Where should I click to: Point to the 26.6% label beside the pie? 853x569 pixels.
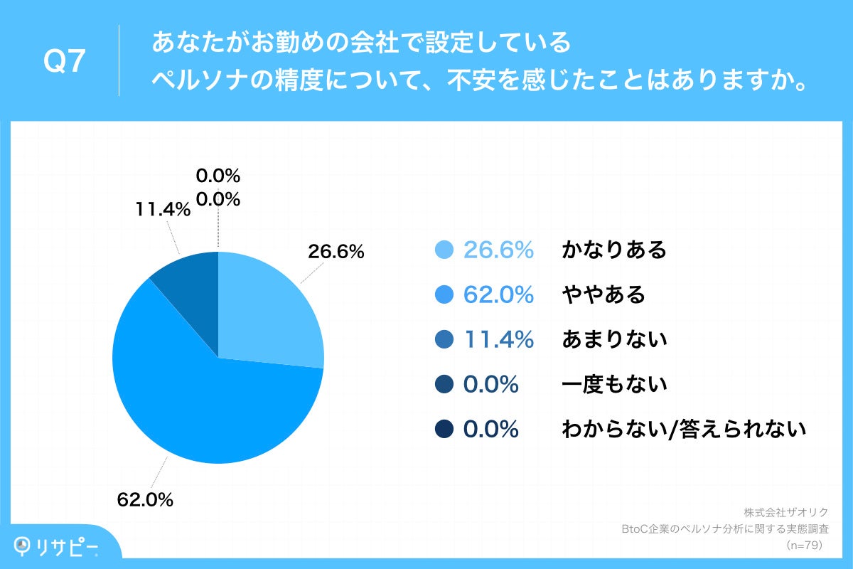click(336, 252)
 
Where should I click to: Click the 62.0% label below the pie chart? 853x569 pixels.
click(145, 500)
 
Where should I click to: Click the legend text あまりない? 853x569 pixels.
click(614, 340)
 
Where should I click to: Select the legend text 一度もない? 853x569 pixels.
click(614, 385)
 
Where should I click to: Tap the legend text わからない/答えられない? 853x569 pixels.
click(684, 430)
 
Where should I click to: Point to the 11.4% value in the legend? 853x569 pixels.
click(498, 340)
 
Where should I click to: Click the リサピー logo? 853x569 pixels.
click(57, 546)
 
